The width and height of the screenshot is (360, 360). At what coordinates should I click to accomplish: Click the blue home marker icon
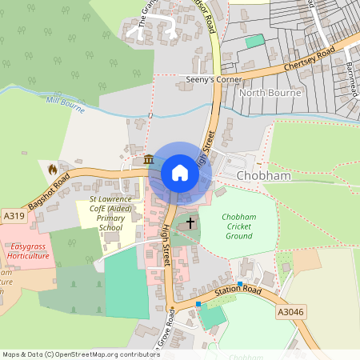click(x=179, y=173)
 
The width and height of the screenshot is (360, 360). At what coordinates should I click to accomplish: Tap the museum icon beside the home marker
click(x=149, y=159)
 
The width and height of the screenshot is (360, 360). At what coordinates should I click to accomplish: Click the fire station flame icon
click(x=53, y=169)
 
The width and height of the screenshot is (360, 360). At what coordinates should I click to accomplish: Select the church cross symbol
click(x=190, y=222)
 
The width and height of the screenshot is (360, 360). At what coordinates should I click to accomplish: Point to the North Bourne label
click(x=271, y=93)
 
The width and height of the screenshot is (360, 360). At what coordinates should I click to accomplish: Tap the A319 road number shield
click(x=13, y=216)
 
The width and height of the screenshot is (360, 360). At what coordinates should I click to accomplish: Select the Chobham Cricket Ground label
click(x=238, y=226)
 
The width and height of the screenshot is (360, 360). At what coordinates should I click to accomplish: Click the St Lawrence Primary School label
click(x=110, y=213)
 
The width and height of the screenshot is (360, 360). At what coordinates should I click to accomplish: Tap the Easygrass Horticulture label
click(x=28, y=254)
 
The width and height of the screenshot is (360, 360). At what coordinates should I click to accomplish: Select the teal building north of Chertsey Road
click(x=254, y=41)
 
